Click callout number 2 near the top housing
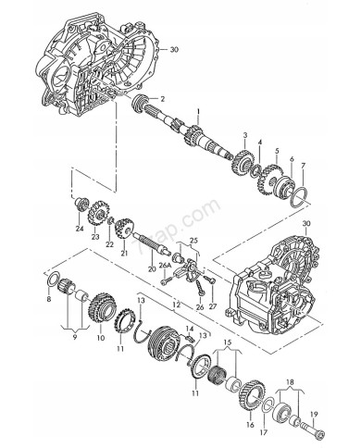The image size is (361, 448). point(163,98)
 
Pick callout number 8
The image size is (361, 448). point(49,300)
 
